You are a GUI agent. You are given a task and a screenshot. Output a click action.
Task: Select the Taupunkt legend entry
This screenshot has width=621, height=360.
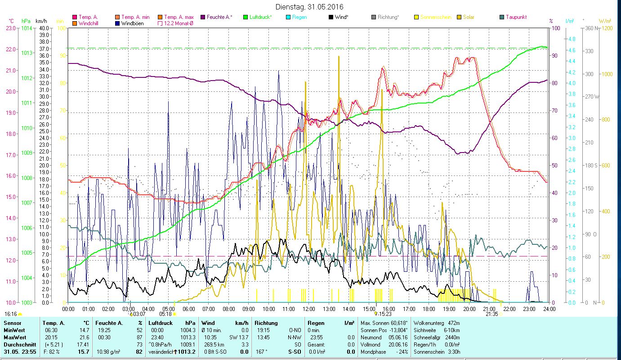pos(516,17)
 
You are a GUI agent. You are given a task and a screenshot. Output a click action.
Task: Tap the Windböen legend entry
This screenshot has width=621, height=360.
pos(132,23)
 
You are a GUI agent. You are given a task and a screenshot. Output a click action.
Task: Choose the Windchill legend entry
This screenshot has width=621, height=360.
pos(88,23)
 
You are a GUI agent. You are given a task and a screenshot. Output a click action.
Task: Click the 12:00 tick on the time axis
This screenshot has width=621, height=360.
pos(309,309)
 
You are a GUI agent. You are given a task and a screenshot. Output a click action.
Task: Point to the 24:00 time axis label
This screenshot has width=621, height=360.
pos(549,309)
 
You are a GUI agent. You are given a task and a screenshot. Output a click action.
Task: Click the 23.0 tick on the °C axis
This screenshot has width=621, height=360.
pos(11,28)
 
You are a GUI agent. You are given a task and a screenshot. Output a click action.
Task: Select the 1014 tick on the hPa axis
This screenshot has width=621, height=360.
pos(27,28)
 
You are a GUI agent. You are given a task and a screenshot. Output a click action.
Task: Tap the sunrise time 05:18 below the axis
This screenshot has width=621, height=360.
pos(165,314)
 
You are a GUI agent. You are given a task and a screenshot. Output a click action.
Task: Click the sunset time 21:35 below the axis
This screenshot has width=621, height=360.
pos(492,314)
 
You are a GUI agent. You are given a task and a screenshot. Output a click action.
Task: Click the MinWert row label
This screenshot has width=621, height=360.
pos(14,330)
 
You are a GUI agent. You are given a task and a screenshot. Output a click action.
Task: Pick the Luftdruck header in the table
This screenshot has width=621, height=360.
pos(161,323)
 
